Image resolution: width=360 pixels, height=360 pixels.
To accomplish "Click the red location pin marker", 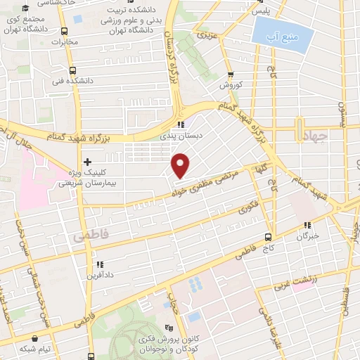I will click(x=181, y=165).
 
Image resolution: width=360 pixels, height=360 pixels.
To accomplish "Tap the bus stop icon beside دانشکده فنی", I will click(x=72, y=70).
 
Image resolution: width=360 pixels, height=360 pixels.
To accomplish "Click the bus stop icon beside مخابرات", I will click(x=65, y=32).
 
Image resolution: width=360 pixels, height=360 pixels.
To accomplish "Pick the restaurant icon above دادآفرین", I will click(x=98, y=264).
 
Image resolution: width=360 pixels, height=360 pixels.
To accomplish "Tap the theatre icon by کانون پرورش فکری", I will click(x=168, y=328).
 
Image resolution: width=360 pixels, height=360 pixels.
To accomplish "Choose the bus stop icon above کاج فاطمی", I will click(x=268, y=237).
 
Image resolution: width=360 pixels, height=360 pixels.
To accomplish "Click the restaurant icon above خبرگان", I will click(x=307, y=226).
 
